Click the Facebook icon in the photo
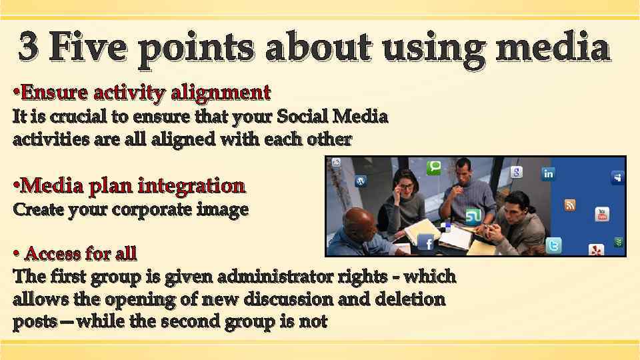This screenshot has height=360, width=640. [425, 243]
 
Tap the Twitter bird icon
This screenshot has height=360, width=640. [553, 246]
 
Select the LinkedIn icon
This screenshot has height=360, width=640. [548, 174]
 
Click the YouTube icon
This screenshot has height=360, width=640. [602, 214]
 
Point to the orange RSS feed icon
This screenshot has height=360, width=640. [570, 205]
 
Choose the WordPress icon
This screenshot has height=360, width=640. [361, 181]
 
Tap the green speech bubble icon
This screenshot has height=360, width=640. [435, 167]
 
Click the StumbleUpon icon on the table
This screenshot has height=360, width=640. [473, 216]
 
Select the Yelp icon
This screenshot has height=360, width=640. [596, 250]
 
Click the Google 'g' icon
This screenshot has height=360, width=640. [516, 173]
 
